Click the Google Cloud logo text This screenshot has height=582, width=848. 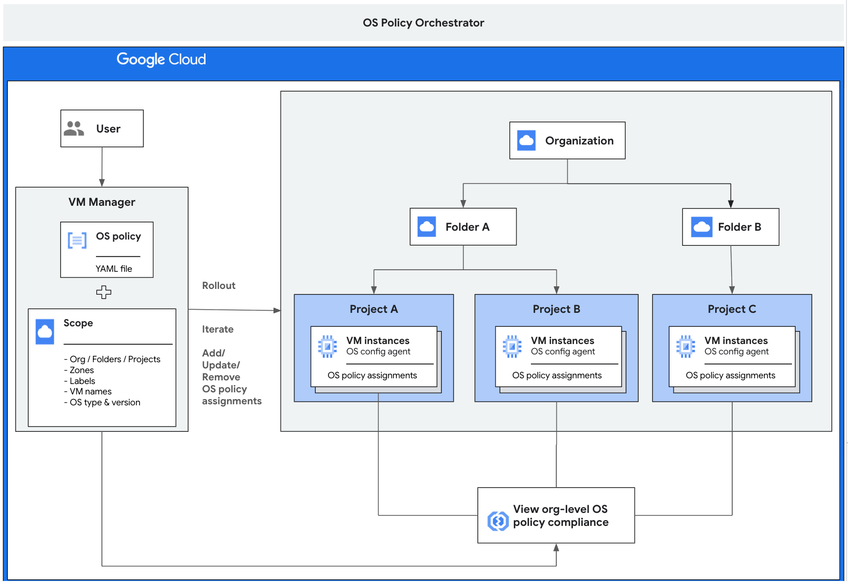pos(161,60)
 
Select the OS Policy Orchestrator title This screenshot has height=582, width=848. pos(423,23)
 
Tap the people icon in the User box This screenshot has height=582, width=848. pos(74,128)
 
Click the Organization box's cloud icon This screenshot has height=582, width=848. pos(526,140)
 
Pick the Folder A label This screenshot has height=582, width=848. pos(467,227)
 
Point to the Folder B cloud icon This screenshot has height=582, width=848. pos(702,227)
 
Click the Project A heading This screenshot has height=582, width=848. pos(374,309)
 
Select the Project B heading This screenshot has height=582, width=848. pos(556,309)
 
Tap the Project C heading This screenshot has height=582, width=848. pos(732,309)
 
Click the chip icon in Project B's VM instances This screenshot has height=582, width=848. pos(512,346)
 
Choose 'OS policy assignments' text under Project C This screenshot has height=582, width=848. pos(730,375)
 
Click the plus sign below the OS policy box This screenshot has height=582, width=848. pos(104,292)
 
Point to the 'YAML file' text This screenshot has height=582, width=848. pos(114,269)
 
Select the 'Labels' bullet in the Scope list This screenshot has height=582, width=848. pos(82,381)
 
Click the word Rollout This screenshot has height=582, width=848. pos(218,285)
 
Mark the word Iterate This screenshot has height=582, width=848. pos(217,329)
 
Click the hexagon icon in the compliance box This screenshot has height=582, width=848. pos(498,521)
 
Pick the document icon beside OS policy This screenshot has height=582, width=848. pos(77,241)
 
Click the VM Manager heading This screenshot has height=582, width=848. pos(102,202)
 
